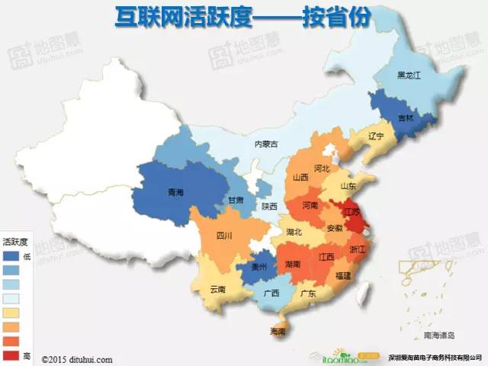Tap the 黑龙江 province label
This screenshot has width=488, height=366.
[x=410, y=75]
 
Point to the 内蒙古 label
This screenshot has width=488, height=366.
[x=266, y=143]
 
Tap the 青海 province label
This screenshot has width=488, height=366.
[x=175, y=192]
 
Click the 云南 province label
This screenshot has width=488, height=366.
[x=217, y=290]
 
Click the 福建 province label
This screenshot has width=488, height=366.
[x=344, y=274]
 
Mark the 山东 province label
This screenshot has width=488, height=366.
[x=348, y=185]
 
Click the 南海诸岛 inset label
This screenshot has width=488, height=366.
[x=439, y=335]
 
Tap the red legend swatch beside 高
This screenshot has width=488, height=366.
[x=11, y=355]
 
